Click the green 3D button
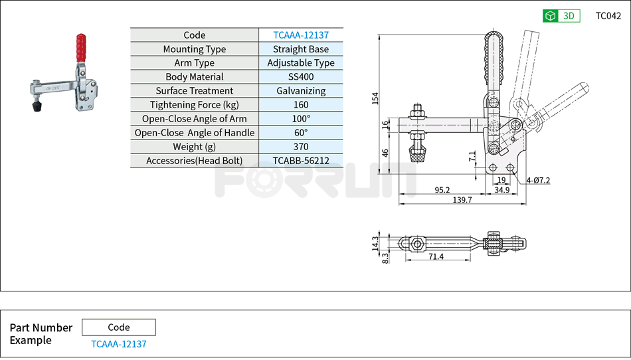click(561, 16)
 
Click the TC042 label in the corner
click(608, 16)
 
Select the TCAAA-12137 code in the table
click(301, 35)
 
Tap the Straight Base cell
click(301, 49)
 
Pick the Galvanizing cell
click(301, 91)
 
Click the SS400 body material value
click(301, 77)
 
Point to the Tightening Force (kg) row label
click(194, 105)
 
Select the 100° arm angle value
click(301, 119)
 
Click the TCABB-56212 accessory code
click(301, 161)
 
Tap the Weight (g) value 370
click(301, 147)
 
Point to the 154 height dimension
click(375, 98)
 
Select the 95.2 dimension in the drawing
click(442, 190)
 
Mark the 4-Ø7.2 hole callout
click(538, 180)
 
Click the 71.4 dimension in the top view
click(436, 256)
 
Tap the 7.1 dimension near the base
click(472, 157)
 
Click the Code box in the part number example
click(119, 327)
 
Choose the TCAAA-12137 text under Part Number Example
click(119, 344)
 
